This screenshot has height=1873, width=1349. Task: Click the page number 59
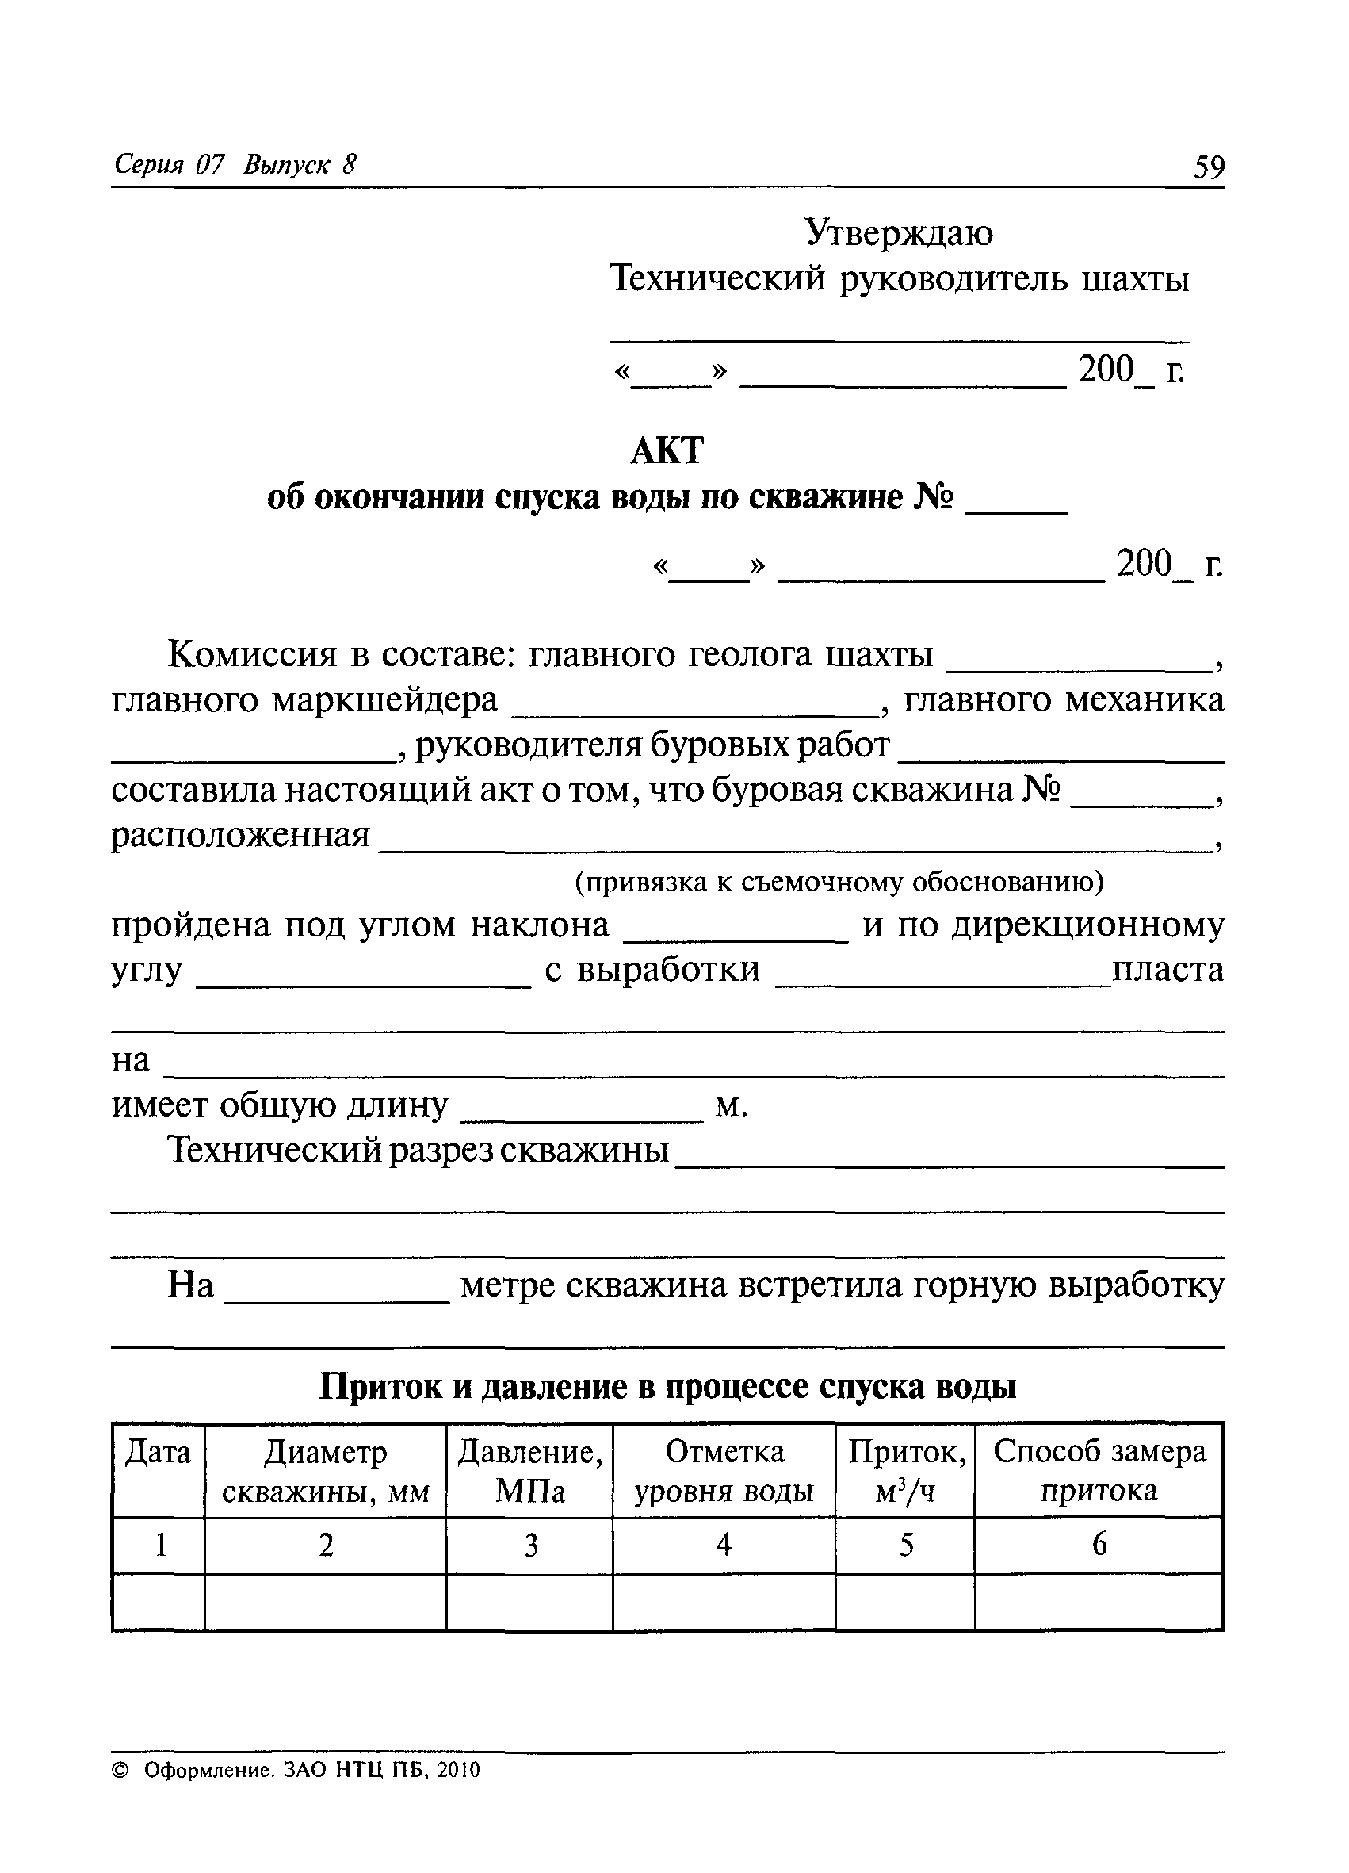click(1209, 167)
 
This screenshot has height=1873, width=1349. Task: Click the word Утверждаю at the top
click(899, 234)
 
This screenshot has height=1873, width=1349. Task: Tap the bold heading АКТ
click(667, 451)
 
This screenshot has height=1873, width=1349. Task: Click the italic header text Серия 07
click(170, 165)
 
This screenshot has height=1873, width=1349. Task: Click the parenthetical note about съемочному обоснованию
click(839, 883)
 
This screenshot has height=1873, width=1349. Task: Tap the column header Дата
click(158, 1453)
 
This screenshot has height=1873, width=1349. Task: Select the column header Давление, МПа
click(530, 1472)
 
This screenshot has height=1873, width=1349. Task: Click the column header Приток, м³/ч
click(906, 1472)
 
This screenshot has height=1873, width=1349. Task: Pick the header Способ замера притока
click(1099, 1472)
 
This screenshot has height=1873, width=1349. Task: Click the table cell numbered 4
click(724, 1545)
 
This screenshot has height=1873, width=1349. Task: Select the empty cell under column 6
click(1099, 1601)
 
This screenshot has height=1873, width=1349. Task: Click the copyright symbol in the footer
click(120, 1770)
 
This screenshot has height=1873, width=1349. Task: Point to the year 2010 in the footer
click(458, 1770)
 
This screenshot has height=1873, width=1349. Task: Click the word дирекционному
click(1087, 925)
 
